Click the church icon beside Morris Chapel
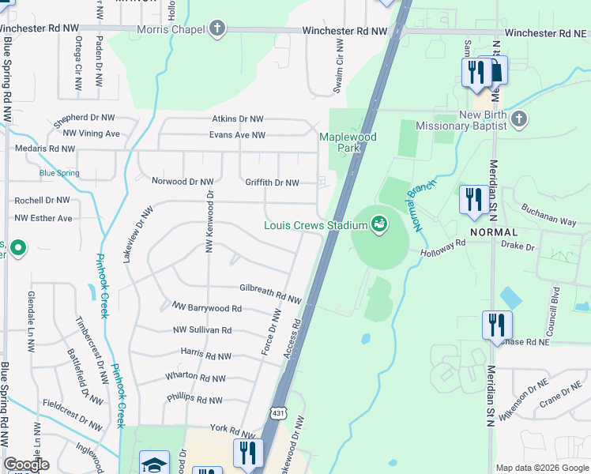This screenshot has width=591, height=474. tap(217, 30)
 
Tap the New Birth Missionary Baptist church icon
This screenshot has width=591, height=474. tap(518, 119)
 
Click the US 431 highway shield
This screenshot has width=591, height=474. tap(278, 412)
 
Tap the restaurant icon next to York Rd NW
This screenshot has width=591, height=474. tap(248, 453)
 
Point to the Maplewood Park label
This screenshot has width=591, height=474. tap(348, 142)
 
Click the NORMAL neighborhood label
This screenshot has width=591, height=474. tap(494, 232)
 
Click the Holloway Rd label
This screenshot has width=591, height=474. tap(465, 247)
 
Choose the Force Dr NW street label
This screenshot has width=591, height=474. tap(271, 333)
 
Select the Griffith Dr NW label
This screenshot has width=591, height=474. tap(272, 182)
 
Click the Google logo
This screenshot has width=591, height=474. tap(26, 465)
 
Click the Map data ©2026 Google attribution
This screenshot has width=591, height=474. tap(542, 468)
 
